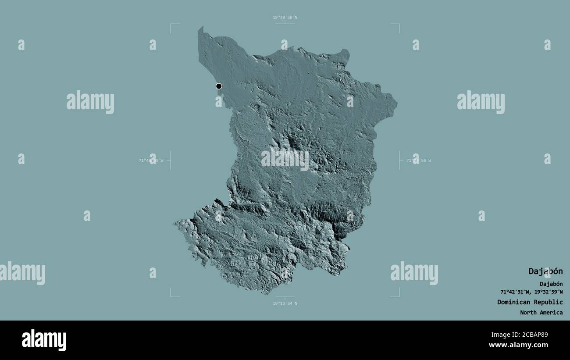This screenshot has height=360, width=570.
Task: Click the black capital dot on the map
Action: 219,86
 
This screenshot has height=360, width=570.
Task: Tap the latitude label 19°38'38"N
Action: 285,18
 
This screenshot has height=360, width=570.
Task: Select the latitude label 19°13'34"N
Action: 285,303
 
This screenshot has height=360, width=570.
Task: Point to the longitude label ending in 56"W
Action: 419,160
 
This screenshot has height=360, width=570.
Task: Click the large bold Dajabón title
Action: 545,271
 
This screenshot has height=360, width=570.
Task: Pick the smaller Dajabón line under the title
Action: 551,284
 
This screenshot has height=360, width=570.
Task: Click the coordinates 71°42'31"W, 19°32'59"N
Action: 531,292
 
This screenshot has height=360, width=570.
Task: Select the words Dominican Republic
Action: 530,302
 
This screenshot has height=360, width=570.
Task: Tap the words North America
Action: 541,313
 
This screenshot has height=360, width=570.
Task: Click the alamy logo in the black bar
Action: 44,340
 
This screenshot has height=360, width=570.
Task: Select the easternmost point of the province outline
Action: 397,104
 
